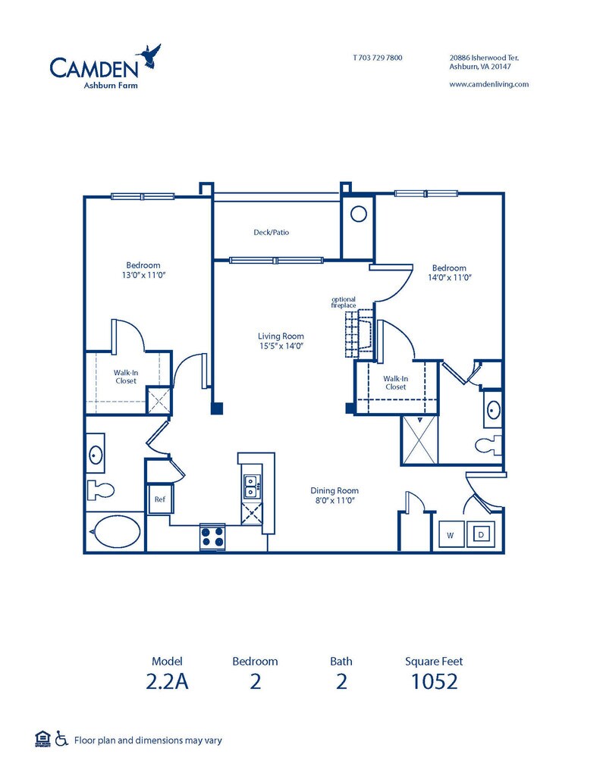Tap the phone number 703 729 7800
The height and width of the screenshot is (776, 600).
[381, 58]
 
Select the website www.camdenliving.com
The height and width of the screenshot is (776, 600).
[489, 84]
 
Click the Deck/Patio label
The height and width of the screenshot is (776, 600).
[271, 232]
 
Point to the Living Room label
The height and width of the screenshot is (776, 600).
[281, 336]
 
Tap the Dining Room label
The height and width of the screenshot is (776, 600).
[335, 490]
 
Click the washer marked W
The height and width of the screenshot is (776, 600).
[451, 534]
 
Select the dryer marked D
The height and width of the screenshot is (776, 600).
[481, 534]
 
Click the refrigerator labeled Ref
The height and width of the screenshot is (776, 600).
[159, 499]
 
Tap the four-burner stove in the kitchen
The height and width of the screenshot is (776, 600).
[212, 537]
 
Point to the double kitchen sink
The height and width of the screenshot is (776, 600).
[252, 486]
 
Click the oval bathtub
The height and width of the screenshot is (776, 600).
[116, 531]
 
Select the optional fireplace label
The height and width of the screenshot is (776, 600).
[344, 302]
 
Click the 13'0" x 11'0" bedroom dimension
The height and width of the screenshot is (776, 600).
[143, 275]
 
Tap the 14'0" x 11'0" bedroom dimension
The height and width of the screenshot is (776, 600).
[449, 277]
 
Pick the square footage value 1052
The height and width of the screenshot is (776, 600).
[434, 681]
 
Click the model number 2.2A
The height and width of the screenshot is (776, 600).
[167, 681]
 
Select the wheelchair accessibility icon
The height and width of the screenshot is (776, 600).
[61, 738]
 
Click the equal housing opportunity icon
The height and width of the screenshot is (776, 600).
[43, 739]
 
